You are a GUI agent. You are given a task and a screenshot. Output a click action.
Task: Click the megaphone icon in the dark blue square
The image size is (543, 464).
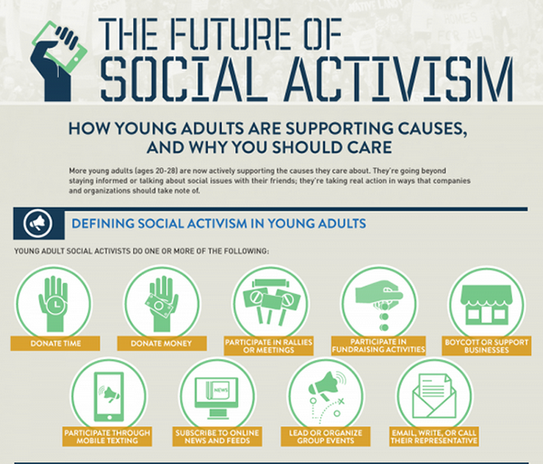coord(38,223)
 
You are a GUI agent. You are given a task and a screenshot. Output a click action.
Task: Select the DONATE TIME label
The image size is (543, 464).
coord(55,343)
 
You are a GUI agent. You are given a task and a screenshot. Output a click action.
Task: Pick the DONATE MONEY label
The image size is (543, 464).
coord(161,343)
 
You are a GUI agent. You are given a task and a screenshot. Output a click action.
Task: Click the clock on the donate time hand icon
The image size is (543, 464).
coord(54,305)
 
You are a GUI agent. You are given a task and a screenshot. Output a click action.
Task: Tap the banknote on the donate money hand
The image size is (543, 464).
coord(158,305)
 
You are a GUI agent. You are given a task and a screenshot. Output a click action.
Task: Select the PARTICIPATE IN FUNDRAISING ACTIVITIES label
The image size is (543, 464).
coord(378,346)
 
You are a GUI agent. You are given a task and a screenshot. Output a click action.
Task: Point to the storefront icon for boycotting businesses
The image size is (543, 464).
coord(486,305)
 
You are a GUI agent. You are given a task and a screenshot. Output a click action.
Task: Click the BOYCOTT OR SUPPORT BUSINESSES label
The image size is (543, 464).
coord(487,346)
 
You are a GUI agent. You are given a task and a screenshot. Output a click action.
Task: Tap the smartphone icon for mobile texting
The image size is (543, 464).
coord(110,396)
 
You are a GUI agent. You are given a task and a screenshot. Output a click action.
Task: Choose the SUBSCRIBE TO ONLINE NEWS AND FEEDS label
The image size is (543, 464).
coord(217,437)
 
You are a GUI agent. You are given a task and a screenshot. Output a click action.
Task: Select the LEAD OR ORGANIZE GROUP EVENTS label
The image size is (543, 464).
coord(326,437)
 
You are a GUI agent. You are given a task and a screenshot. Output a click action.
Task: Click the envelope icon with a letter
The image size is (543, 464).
coord(433,396)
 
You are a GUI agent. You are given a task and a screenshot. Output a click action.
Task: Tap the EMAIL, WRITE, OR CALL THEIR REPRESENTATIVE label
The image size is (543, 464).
coord(433,437)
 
